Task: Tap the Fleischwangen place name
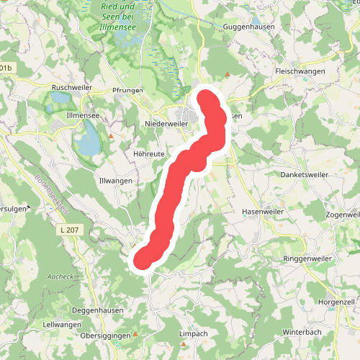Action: (300, 71)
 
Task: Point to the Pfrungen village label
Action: (129, 91)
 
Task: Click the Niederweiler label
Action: (166, 124)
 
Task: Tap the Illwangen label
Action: (115, 181)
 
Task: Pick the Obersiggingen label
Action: (105, 336)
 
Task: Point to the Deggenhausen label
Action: (98, 310)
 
